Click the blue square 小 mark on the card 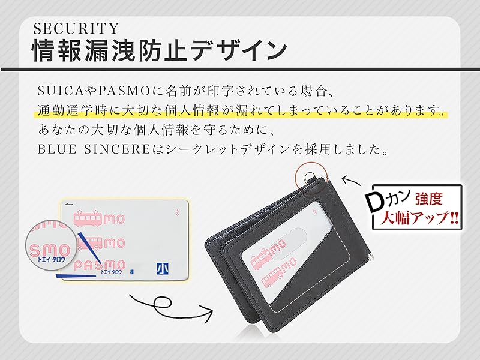(161, 269)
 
